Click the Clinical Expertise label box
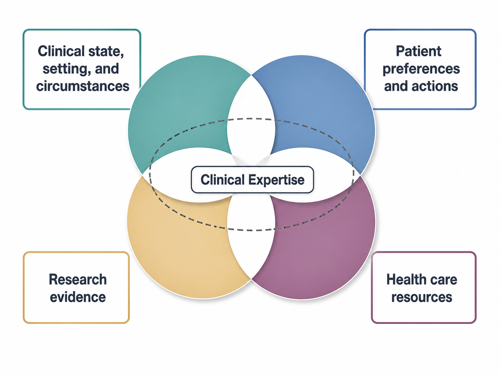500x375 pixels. pyautogui.click(x=252, y=180)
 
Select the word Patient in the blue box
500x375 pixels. pyautogui.click(x=419, y=51)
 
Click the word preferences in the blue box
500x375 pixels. pyautogui.click(x=421, y=69)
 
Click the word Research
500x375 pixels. pyautogui.click(x=78, y=279)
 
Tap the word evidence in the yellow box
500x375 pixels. pyautogui.click(x=78, y=297)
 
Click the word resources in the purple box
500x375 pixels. pyautogui.click(x=422, y=297)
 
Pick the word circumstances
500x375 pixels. pyautogui.click(x=83, y=86)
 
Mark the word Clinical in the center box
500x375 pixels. pyautogui.click(x=223, y=180)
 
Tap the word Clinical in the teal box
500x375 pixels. pyautogui.click(x=61, y=51)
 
